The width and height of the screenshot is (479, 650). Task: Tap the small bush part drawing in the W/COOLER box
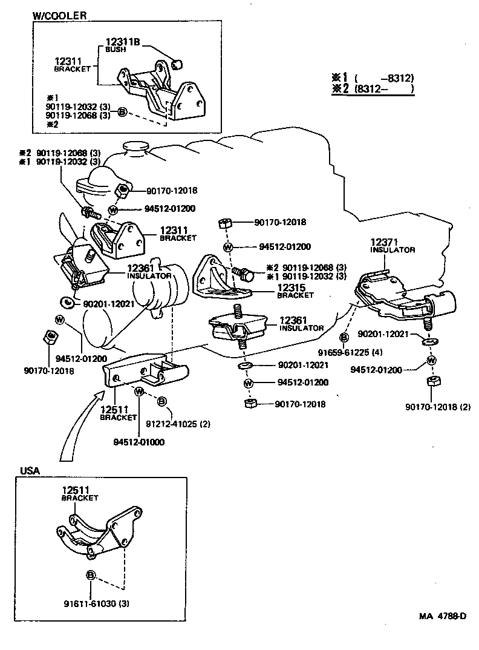178,61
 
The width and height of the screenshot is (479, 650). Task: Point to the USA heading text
30,470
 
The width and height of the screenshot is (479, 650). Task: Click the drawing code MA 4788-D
443,617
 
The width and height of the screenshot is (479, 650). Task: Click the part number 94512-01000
138,442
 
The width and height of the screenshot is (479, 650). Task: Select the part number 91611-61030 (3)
96,603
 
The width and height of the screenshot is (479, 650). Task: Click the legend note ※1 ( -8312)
372,78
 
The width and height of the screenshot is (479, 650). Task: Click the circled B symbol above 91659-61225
344,336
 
